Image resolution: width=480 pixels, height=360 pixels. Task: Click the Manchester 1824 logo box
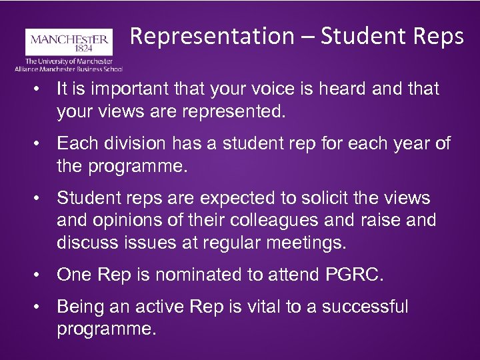tap(67, 42)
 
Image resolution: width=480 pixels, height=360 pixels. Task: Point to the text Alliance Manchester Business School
tap(69, 68)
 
